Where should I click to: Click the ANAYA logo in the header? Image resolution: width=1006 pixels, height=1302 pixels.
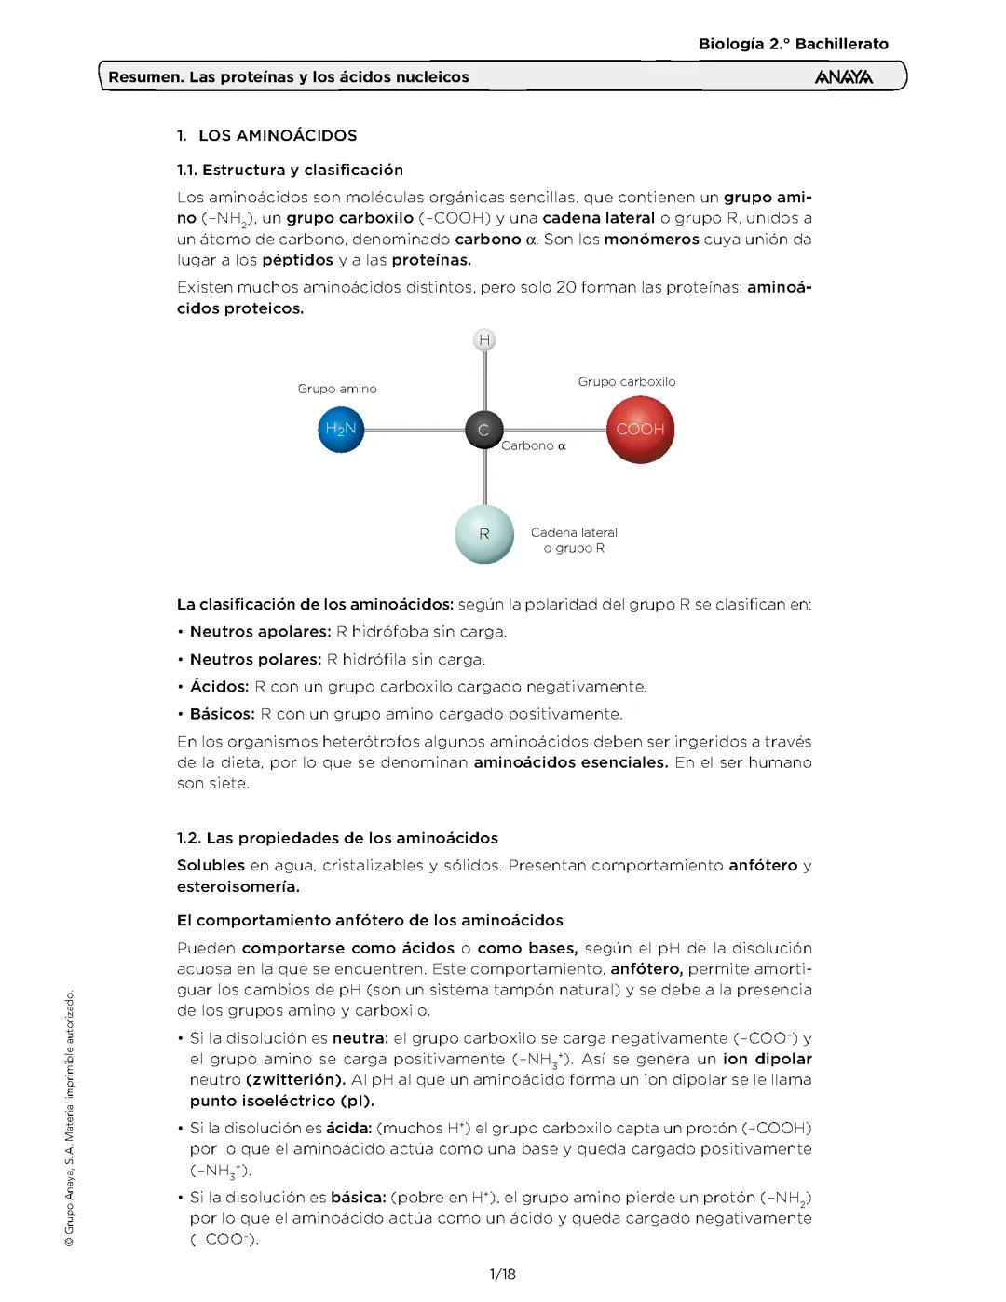[x=843, y=77]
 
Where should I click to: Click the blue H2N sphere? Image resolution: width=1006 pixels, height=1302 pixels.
[x=341, y=430]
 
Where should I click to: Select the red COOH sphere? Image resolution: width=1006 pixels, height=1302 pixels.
[x=640, y=430]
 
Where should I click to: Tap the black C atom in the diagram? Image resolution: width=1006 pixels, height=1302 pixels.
[x=483, y=431]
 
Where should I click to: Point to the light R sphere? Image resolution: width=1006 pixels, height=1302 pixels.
[x=484, y=534]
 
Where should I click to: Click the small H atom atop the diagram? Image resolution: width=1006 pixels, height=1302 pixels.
[x=484, y=340]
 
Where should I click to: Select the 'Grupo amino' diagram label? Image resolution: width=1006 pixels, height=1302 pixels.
[x=337, y=389]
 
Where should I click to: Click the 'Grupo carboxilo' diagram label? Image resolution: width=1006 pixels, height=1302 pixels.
[x=627, y=381]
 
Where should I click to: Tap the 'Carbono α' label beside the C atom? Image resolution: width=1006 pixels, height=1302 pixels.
[x=534, y=445]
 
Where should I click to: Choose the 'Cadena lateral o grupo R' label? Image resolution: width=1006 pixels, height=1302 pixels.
[x=574, y=541]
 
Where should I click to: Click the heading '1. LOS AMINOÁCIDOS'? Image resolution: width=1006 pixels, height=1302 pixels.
[x=267, y=135]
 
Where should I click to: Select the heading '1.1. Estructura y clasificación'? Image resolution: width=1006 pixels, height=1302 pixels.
[x=291, y=170]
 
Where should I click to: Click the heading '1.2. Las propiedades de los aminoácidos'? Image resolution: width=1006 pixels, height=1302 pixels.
[x=338, y=838]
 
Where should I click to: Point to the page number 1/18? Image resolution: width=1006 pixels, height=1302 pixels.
[x=502, y=1273]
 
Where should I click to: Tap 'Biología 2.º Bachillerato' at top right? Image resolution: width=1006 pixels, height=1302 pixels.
[x=794, y=44]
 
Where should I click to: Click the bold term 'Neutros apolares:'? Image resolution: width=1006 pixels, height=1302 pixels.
[x=260, y=632]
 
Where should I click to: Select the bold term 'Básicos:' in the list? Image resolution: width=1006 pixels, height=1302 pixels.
[x=222, y=714]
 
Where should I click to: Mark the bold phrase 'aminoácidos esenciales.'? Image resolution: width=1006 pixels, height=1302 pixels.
[x=570, y=762]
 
